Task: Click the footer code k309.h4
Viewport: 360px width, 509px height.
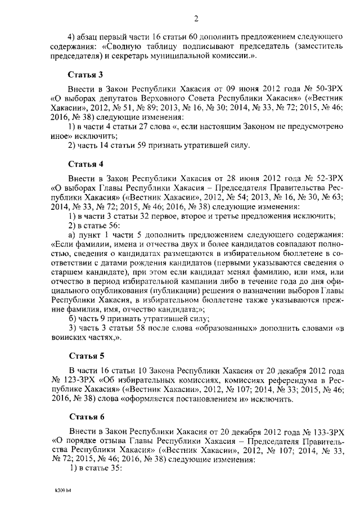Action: pyautogui.click(x=57, y=491)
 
